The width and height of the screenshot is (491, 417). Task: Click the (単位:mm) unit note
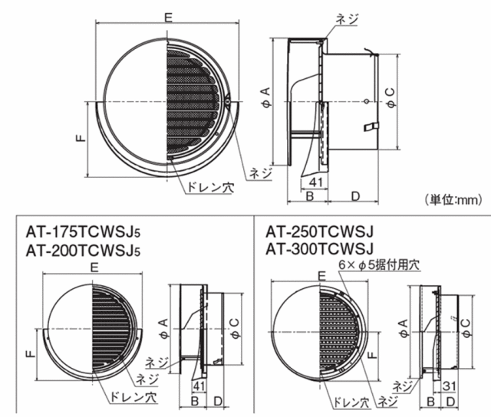point(453,199)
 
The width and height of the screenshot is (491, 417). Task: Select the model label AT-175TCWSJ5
point(84,231)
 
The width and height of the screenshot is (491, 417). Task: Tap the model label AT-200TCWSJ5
point(84,250)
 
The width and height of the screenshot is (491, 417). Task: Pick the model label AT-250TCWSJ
point(320,231)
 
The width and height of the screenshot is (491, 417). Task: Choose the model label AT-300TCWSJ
point(320,248)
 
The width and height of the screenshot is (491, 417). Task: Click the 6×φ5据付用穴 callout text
point(378,265)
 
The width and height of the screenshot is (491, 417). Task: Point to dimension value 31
point(450,386)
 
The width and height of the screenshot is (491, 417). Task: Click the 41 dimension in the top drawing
point(315,182)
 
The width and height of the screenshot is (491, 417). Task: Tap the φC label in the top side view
point(391,99)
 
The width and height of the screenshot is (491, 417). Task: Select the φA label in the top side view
point(265,98)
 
